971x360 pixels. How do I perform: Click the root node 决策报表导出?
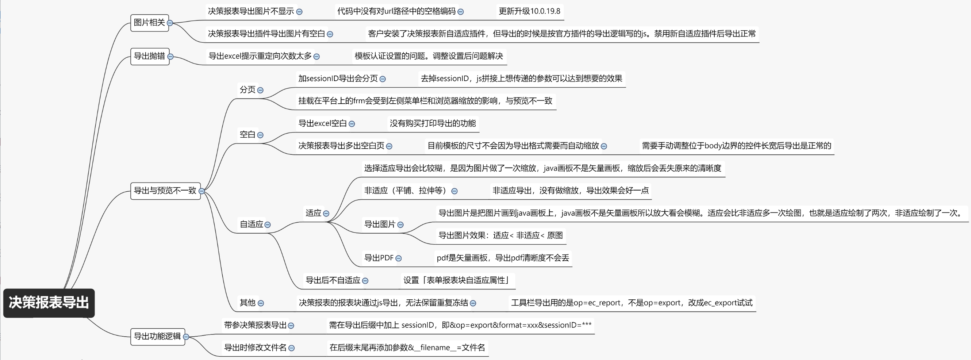(49, 303)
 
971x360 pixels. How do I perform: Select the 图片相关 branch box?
(149, 23)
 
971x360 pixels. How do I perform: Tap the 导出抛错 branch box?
(149, 56)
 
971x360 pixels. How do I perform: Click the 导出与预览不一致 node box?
(165, 191)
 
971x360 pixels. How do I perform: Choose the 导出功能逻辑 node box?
(157, 336)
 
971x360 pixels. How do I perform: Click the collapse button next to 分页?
(260, 90)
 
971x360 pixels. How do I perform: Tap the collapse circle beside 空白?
(260, 135)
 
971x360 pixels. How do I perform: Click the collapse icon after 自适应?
(268, 225)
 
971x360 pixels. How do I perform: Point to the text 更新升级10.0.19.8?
(529, 11)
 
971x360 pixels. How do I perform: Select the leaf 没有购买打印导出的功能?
(432, 123)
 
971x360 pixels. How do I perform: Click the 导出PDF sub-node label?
(379, 258)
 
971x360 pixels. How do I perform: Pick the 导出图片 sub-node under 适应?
(380, 224)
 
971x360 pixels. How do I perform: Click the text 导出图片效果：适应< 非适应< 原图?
(500, 235)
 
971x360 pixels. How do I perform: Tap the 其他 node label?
(247, 303)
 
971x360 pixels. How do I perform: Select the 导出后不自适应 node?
(333, 280)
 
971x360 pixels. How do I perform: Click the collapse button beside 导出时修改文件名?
(291, 348)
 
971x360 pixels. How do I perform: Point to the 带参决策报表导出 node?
(255, 325)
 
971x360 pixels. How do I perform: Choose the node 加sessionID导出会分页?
(338, 78)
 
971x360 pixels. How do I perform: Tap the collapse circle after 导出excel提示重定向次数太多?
(316, 57)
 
